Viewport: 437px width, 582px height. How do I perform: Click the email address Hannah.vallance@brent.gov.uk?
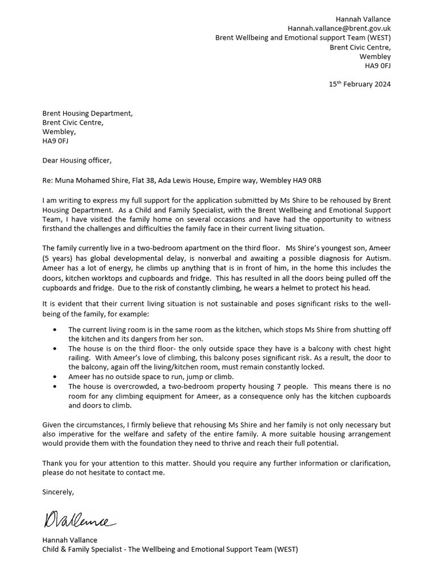[339, 28]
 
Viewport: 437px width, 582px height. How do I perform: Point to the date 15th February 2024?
[360, 84]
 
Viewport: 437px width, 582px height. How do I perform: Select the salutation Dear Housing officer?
[81, 160]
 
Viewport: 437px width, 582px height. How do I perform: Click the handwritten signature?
[79, 518]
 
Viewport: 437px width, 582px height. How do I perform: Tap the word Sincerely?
[58, 492]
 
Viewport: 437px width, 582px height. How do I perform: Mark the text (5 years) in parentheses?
[58, 259]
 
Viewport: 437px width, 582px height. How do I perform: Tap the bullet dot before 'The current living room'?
[54, 330]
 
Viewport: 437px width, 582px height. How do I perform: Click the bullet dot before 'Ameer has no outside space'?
[54, 376]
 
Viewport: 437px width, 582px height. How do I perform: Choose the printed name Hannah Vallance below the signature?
[69, 540]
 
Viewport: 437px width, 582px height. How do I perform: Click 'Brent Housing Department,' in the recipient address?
[88, 113]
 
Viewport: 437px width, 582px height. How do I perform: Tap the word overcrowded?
[129, 386]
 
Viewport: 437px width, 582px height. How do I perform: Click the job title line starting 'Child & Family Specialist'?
[170, 550]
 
